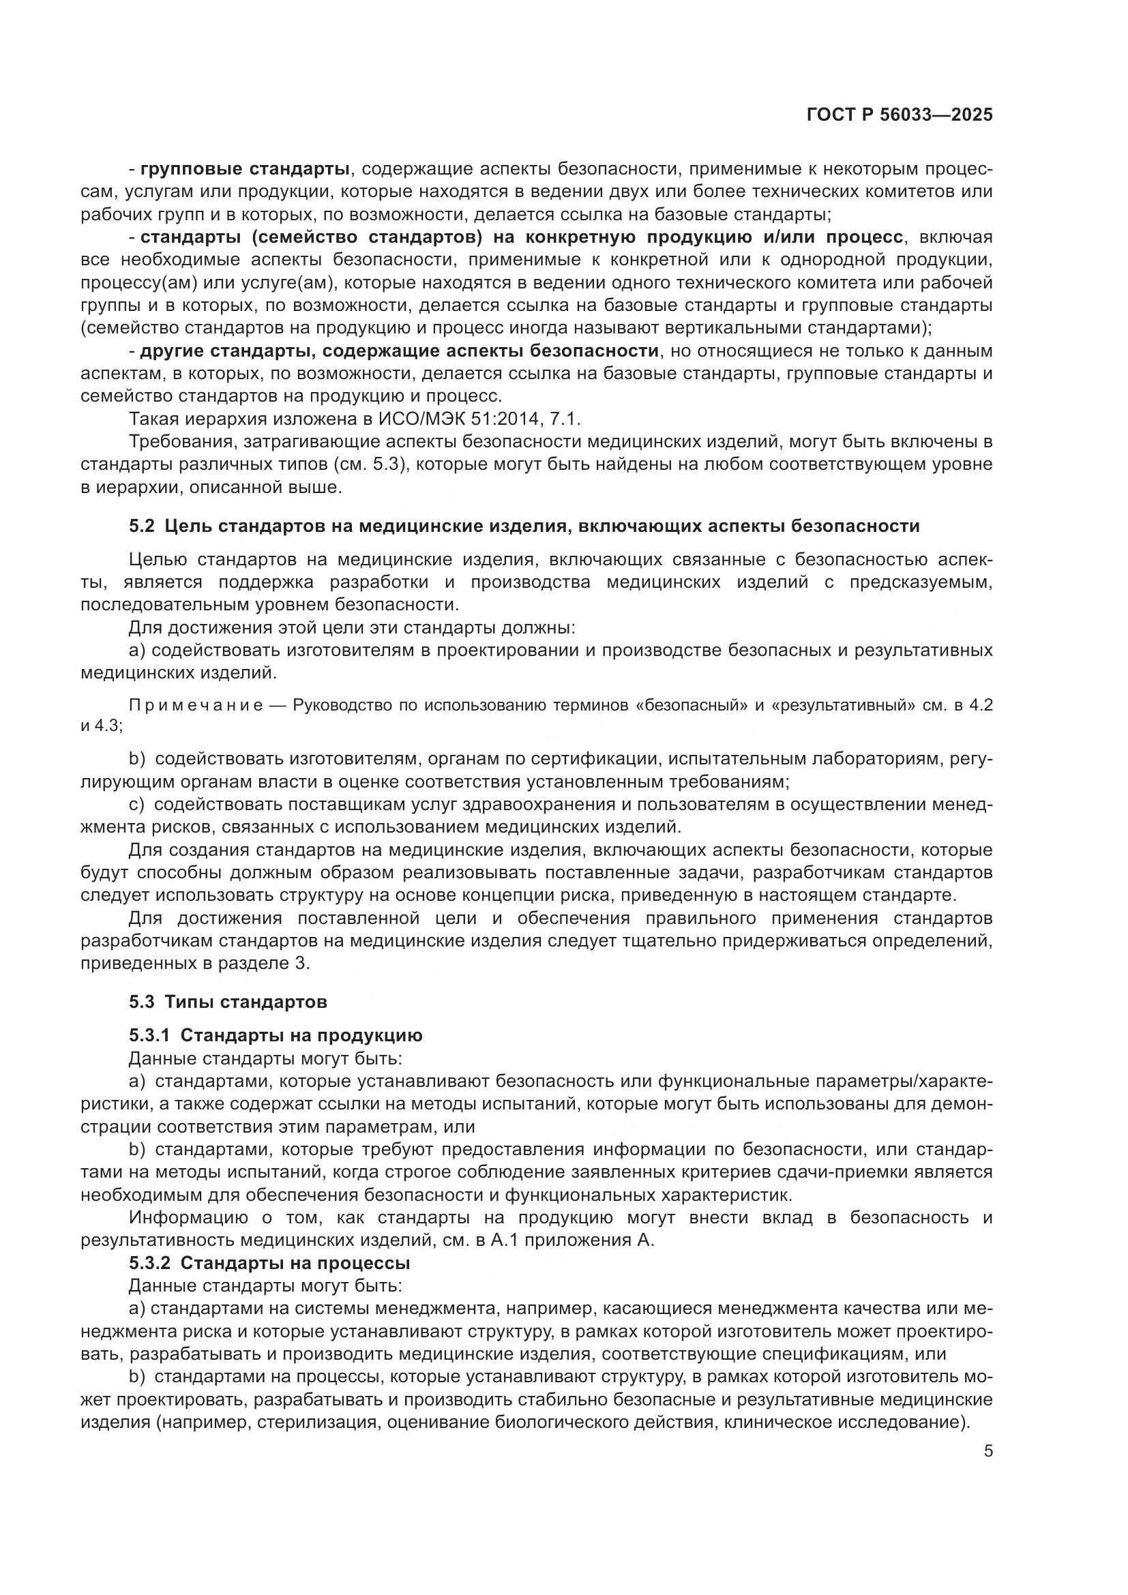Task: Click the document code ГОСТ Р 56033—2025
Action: (x=900, y=115)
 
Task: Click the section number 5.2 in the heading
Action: (x=141, y=526)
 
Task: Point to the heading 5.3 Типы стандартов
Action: (x=228, y=1002)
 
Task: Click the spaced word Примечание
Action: (x=196, y=705)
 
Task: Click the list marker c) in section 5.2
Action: (x=137, y=805)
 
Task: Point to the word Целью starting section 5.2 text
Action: (x=156, y=560)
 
